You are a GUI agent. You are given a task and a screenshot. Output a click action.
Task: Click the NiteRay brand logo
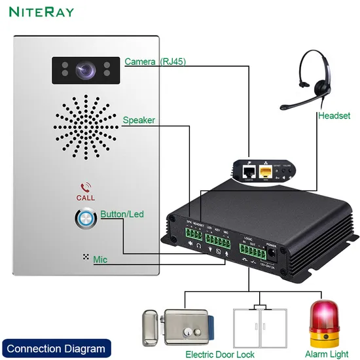pyautogui.click(x=41, y=12)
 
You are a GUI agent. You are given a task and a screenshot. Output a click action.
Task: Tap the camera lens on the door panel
pyautogui.click(x=84, y=69)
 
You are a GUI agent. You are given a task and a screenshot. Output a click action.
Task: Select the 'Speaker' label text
pyautogui.click(x=138, y=120)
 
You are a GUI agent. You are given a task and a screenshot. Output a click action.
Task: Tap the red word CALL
pyautogui.click(x=85, y=198)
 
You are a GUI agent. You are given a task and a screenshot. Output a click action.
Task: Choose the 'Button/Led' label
pyautogui.click(x=122, y=214)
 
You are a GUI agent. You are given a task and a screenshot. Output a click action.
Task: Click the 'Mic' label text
pyautogui.click(x=100, y=260)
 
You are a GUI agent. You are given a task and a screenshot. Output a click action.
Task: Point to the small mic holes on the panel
pyautogui.click(x=84, y=257)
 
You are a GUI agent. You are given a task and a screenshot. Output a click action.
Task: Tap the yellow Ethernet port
pyautogui.click(x=267, y=172)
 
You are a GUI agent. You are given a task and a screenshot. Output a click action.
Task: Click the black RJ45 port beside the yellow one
pyautogui.click(x=249, y=172)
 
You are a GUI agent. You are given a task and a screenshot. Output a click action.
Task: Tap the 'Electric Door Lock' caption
pyautogui.click(x=219, y=353)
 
